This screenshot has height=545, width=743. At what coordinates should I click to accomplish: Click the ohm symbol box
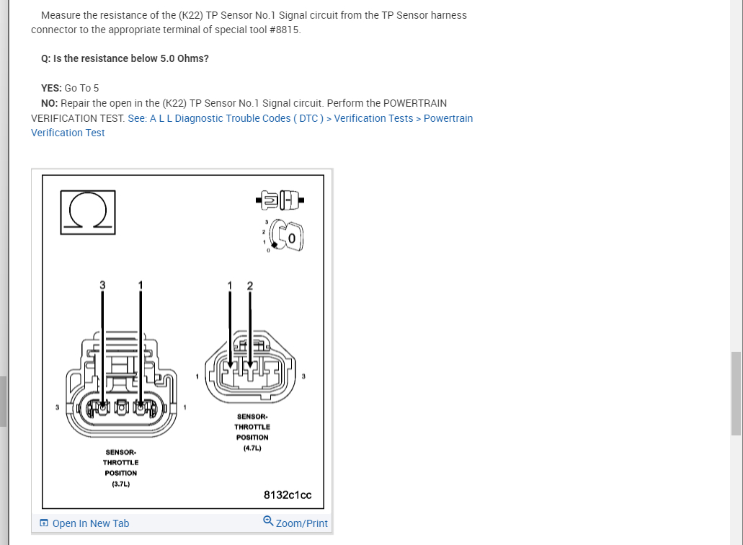point(86,212)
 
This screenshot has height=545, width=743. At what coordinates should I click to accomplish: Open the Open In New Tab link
point(84,523)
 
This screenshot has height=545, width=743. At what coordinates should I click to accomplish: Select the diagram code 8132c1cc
point(288,495)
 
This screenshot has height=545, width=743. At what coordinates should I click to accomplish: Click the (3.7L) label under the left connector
point(120,484)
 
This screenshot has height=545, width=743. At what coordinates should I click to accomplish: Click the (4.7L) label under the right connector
point(252,448)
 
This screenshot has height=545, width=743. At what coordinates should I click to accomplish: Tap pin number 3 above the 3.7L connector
point(102,285)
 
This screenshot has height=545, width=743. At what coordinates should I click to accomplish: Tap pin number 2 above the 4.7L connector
point(250,285)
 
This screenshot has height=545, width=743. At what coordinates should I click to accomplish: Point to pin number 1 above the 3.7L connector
point(141,285)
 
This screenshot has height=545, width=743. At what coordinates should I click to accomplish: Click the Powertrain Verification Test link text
point(448,118)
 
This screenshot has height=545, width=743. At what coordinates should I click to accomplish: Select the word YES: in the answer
point(51,88)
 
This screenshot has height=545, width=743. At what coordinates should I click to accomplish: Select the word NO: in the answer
point(50,103)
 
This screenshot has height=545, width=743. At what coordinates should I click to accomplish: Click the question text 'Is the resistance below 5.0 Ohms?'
point(131,58)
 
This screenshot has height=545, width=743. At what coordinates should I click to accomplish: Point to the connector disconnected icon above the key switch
point(280,199)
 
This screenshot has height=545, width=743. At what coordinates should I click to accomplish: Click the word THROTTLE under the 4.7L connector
point(252,427)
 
